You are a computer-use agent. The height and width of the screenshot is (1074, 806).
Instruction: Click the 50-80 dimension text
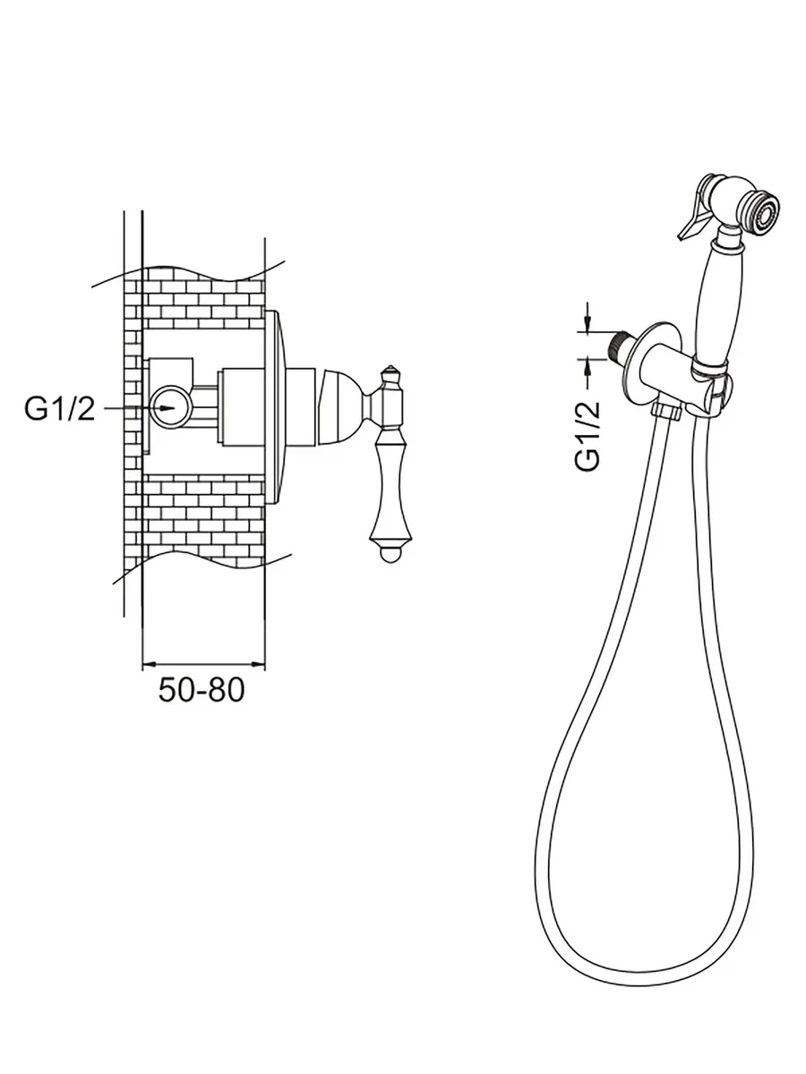click(x=201, y=691)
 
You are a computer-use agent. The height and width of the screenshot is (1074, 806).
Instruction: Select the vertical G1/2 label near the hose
click(x=587, y=435)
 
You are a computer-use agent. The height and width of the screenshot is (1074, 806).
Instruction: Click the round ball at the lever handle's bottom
click(x=390, y=557)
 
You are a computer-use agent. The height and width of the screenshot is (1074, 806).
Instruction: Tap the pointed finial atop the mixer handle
click(x=390, y=369)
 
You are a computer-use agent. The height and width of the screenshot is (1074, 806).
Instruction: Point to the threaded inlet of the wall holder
click(x=618, y=345)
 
